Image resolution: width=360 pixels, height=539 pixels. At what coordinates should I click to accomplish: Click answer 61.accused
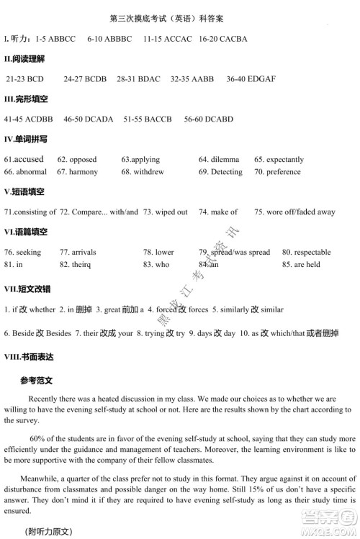(x=24, y=159)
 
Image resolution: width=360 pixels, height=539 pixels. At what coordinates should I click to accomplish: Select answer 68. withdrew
(x=143, y=172)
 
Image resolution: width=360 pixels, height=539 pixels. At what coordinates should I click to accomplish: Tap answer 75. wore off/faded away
(x=294, y=212)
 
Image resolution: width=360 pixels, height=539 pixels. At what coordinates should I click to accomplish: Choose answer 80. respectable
(x=307, y=253)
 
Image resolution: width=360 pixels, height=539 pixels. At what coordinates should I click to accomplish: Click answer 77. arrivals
(x=78, y=253)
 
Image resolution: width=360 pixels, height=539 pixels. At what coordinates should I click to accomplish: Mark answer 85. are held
(x=301, y=265)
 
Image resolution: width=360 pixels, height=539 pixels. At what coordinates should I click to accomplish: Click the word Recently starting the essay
(x=45, y=398)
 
